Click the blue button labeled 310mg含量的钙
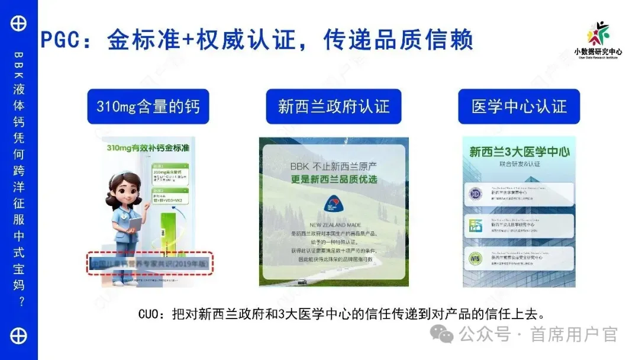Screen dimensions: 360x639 click(148, 107)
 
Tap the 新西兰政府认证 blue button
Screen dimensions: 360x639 click(334, 107)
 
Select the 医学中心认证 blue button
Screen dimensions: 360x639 click(519, 107)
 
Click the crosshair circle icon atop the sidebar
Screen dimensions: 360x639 click(19, 24)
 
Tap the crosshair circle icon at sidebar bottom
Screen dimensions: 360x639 click(19, 336)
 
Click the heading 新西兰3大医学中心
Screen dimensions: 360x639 click(519, 152)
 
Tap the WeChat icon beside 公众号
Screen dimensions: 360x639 click(442, 335)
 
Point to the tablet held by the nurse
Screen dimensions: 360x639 click(135, 223)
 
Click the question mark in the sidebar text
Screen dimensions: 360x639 click(20, 302)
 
